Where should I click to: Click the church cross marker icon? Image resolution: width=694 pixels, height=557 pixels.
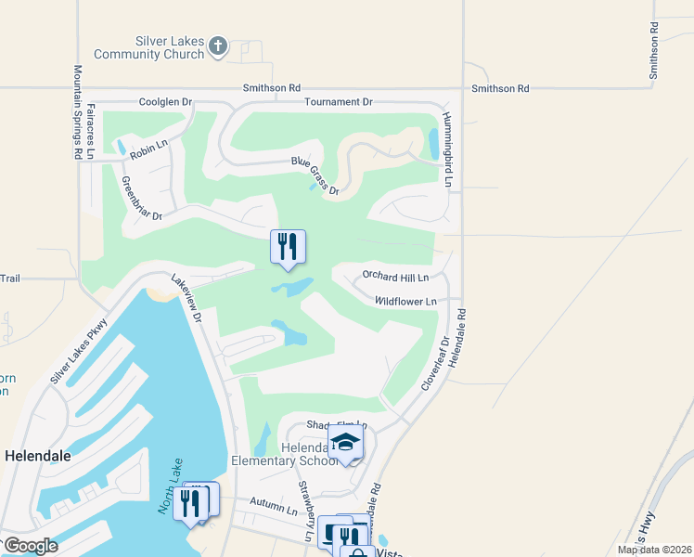coord(218,46)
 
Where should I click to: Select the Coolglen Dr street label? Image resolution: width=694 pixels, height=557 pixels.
coord(164,101)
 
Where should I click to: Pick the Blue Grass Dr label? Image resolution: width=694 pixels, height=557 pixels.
coord(315,176)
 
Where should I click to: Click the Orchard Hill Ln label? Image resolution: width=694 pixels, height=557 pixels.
coord(395,277)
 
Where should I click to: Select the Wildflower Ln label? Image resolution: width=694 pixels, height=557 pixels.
coord(405,302)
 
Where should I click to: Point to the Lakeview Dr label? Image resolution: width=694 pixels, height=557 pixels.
coord(186,297)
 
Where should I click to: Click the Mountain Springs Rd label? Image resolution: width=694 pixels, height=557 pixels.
coord(78,112)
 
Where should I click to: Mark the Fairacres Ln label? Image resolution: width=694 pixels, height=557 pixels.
coord(90,131)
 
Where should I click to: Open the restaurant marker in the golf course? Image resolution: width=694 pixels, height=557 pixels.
coord(288,248)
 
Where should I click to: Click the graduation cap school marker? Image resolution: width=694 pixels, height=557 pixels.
coord(345,443)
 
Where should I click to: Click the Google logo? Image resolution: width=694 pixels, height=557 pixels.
coord(30,545)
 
